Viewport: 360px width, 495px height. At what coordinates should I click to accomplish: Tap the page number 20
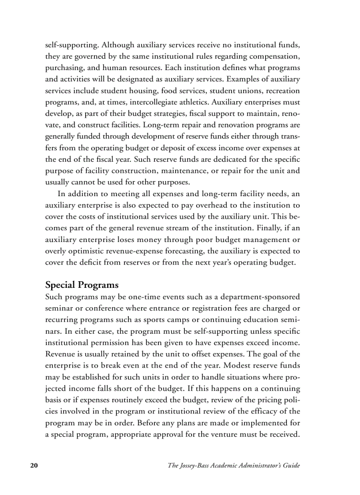[34, 466]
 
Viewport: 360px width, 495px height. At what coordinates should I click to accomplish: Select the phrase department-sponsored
[261, 297]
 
